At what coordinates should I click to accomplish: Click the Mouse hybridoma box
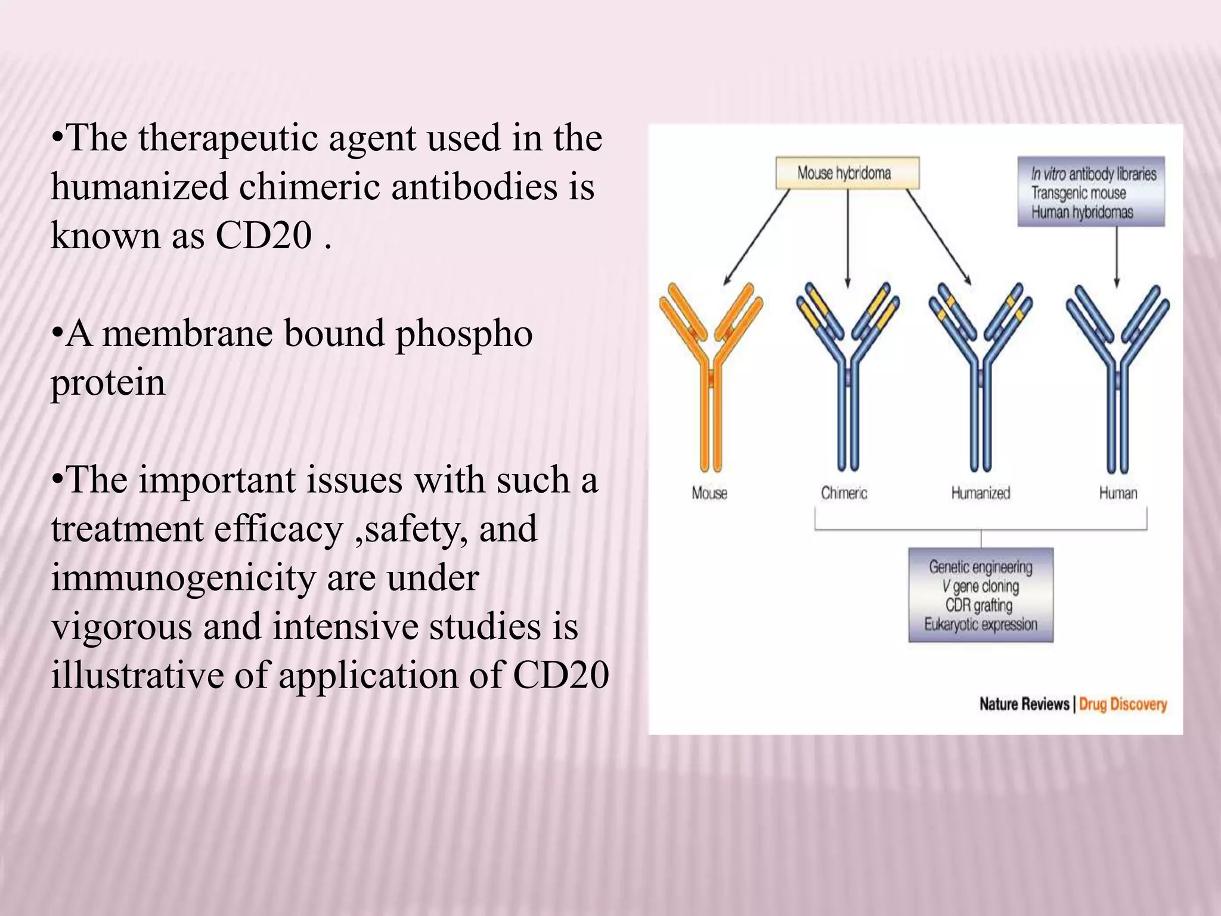pos(847,173)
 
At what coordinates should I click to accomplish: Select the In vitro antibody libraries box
pos(1090,192)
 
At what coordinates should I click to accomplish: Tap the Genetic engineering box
pos(981,595)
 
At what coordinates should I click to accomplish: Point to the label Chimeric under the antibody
pos(844,493)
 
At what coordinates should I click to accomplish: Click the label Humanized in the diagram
pos(981,493)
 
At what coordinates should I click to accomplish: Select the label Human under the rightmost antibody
pos(1118,493)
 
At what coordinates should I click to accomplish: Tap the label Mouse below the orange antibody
pos(709,493)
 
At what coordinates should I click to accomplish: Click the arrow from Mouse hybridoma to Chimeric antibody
pos(847,239)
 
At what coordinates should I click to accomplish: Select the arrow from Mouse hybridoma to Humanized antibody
pos(939,237)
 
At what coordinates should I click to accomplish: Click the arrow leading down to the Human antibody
pos(1117,256)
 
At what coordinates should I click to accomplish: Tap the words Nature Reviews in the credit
pos(1024,704)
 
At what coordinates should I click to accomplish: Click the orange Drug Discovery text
pos(1123,704)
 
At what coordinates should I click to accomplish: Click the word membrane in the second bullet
pos(187,334)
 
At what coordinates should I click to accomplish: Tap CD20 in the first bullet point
pos(264,236)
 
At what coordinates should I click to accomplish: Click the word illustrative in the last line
pos(137,676)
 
